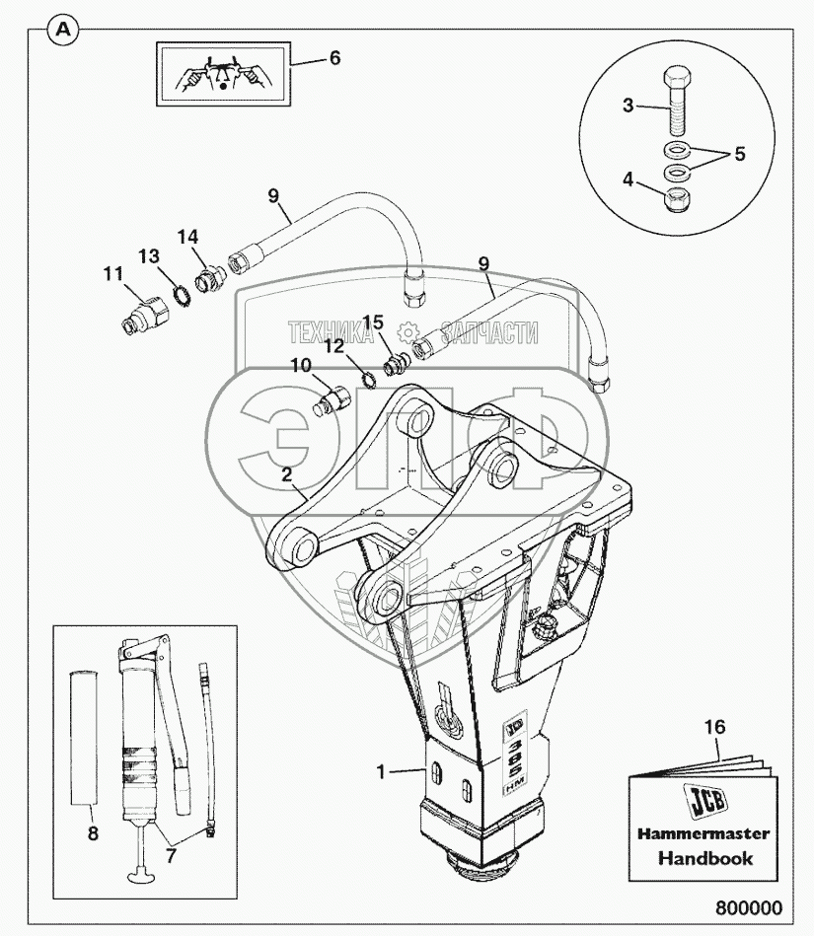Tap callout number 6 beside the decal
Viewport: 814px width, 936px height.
click(x=334, y=58)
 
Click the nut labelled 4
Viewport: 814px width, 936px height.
click(x=678, y=201)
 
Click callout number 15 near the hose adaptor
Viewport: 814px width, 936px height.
click(x=372, y=322)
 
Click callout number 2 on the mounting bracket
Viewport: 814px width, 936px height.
click(x=287, y=474)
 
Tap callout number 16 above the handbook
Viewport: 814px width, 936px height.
click(x=716, y=727)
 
